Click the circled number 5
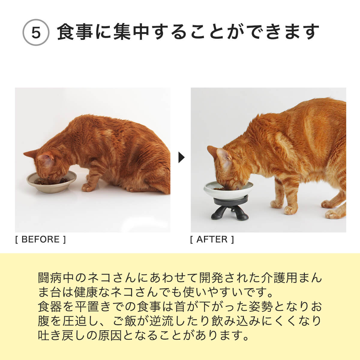(x=36, y=33)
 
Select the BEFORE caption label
(x=40, y=239)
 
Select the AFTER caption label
(x=212, y=239)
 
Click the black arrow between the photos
(x=181, y=157)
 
